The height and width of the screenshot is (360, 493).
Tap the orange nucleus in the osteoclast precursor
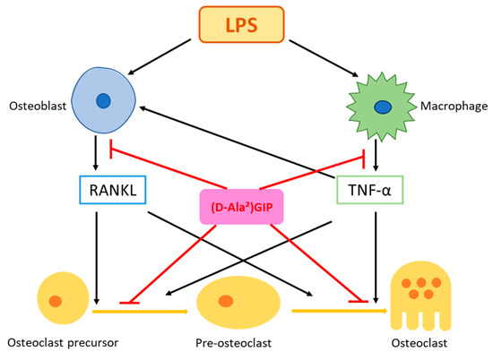point(56,301)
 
